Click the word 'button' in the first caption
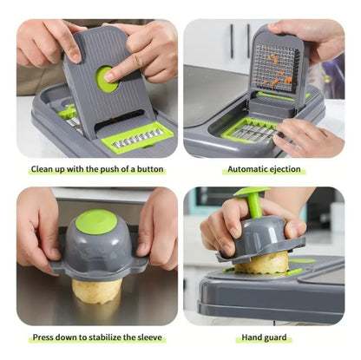coord(150,169)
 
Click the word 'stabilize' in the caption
coord(106,337)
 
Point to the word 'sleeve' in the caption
coord(151,337)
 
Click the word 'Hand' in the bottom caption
coord(252,337)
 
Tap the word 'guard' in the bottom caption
coord(275,337)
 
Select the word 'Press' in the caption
coord(43,337)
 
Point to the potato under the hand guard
coord(261,262)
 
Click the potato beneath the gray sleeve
coord(96,290)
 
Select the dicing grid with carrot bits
coord(276,68)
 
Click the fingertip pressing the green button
coord(110,77)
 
